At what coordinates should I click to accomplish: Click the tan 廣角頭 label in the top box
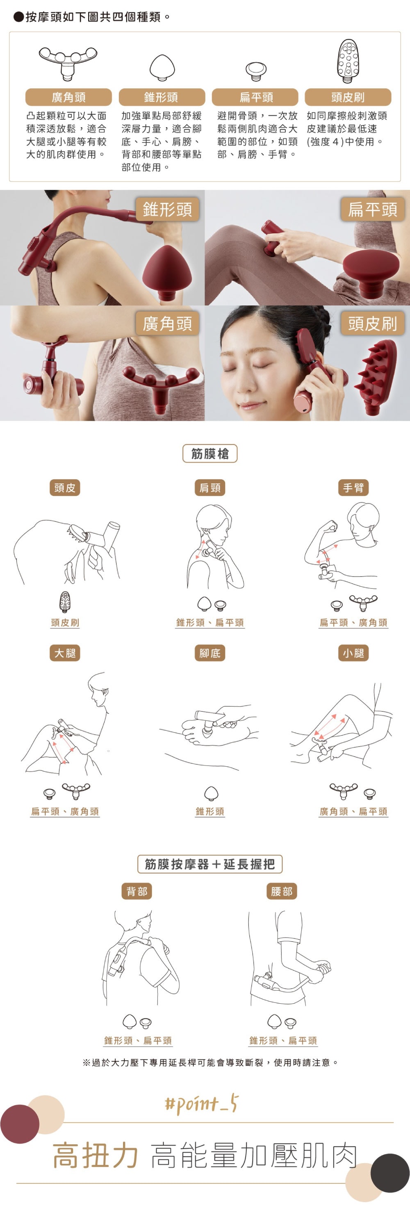[68, 97]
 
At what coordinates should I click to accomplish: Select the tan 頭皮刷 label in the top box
[348, 97]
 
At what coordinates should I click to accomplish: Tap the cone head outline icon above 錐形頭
[162, 68]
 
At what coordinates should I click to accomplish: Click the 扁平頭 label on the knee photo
[373, 210]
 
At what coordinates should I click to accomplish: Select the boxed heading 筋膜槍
[210, 453]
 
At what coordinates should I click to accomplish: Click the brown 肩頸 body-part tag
[210, 488]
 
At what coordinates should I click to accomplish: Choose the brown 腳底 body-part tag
[210, 653]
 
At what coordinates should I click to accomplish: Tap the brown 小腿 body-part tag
[353, 653]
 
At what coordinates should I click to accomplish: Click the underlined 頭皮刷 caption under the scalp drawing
[65, 623]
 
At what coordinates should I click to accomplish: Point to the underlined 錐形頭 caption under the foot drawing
[210, 811]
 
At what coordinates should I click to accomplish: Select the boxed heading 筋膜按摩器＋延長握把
[210, 864]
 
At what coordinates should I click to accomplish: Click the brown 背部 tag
[137, 892]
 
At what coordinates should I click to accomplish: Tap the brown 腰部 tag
[282, 892]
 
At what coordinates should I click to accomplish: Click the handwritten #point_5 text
[202, 1105]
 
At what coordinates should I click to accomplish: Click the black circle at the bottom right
[390, 1173]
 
